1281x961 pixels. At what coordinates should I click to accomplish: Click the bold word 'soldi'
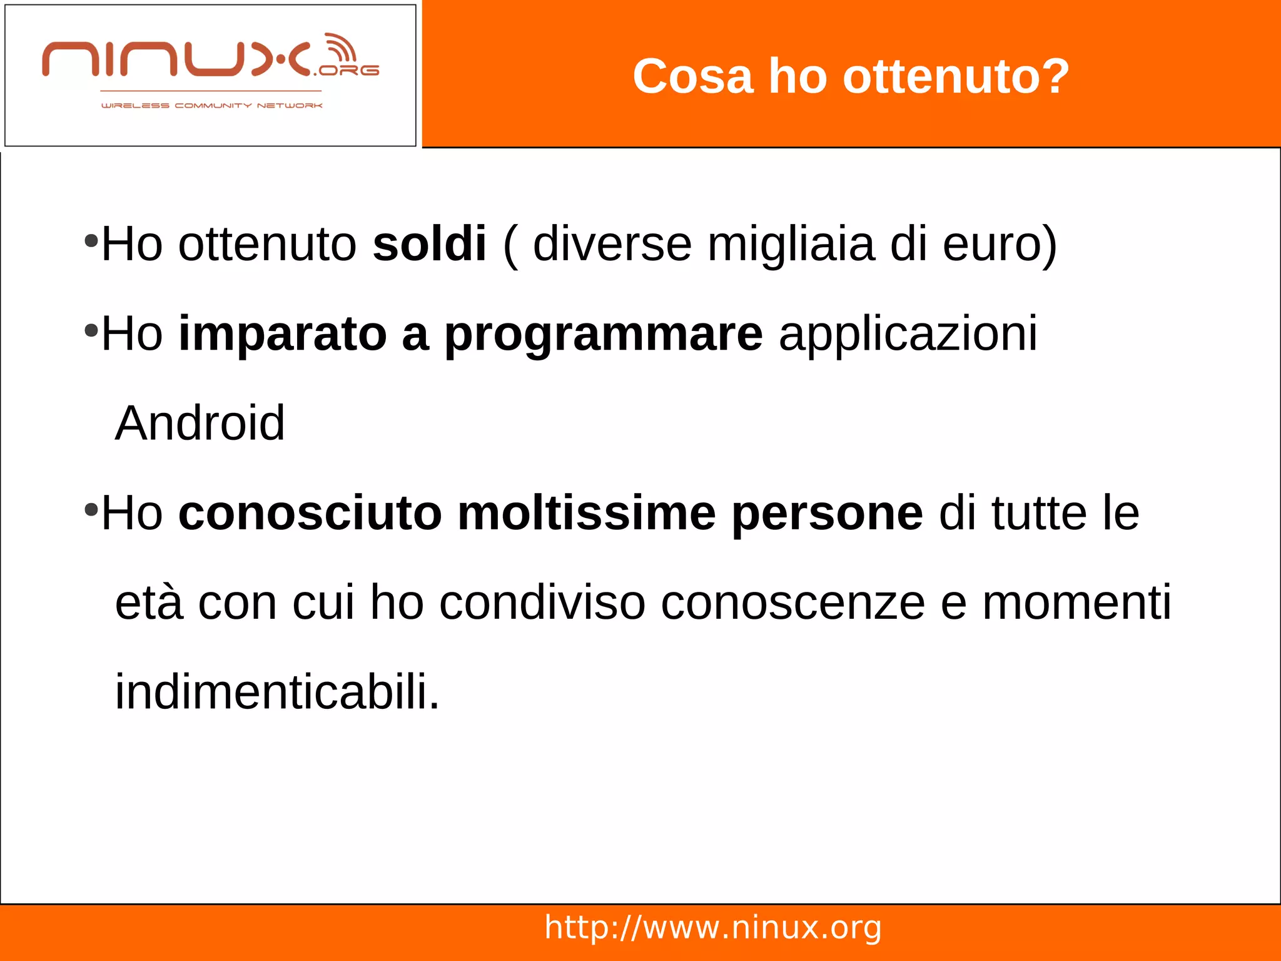pyautogui.click(x=429, y=243)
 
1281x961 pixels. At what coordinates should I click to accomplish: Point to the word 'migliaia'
pyautogui.click(x=791, y=244)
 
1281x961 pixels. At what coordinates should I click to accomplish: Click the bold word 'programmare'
pyautogui.click(x=603, y=334)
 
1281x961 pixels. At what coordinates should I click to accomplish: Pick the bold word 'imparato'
pyautogui.click(x=283, y=333)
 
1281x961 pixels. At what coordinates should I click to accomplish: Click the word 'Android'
pyautogui.click(x=200, y=424)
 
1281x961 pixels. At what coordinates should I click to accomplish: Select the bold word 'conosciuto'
pyautogui.click(x=310, y=513)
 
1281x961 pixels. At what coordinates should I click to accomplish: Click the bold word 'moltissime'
pyautogui.click(x=586, y=513)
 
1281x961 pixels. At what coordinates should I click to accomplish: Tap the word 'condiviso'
pyautogui.click(x=542, y=603)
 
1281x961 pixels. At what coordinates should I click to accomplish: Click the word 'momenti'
pyautogui.click(x=1076, y=603)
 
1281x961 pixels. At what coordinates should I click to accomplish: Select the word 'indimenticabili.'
pyautogui.click(x=277, y=692)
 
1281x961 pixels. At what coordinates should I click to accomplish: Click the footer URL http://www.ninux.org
pyautogui.click(x=713, y=927)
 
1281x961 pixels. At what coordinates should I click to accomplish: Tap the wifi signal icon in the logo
pyautogui.click(x=342, y=49)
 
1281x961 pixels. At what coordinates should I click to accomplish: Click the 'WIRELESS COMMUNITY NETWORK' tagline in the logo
pyautogui.click(x=211, y=106)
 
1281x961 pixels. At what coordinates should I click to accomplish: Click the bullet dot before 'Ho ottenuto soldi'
pyautogui.click(x=91, y=240)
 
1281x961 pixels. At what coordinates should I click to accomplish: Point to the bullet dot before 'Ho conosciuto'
pyautogui.click(x=91, y=509)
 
